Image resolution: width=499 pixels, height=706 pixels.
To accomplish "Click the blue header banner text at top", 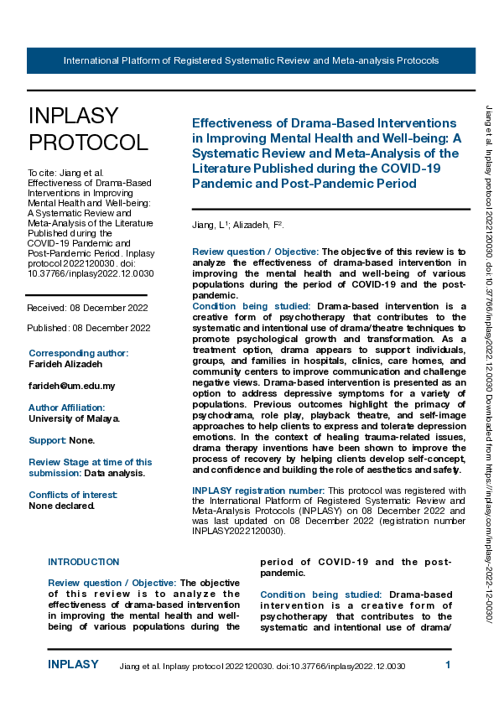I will tap(251, 61).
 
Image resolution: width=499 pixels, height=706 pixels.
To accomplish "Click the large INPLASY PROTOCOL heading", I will tap(88, 128).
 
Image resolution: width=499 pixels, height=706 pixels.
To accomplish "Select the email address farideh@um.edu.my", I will tap(71, 386).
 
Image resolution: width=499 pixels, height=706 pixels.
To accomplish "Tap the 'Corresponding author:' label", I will tap(79, 354).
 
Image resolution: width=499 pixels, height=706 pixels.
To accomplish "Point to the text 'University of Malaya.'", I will tap(74, 418).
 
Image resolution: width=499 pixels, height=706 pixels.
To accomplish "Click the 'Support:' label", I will tap(48, 440).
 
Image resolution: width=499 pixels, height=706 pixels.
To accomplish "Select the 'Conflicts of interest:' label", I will tap(73, 495).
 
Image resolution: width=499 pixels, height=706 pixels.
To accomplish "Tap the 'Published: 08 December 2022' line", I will tap(88, 327).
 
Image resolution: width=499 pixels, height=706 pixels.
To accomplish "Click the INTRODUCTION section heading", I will tap(84, 562).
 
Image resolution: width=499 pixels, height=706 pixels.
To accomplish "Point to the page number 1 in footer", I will tap(448, 665).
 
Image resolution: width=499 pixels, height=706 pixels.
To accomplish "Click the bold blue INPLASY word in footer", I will tap(73, 665).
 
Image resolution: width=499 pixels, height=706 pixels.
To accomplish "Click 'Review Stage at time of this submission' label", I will tap(91, 467).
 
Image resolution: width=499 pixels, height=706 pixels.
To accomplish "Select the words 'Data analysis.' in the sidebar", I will tap(114, 473).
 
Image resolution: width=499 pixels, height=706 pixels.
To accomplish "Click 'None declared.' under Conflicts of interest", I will tap(61, 506).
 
